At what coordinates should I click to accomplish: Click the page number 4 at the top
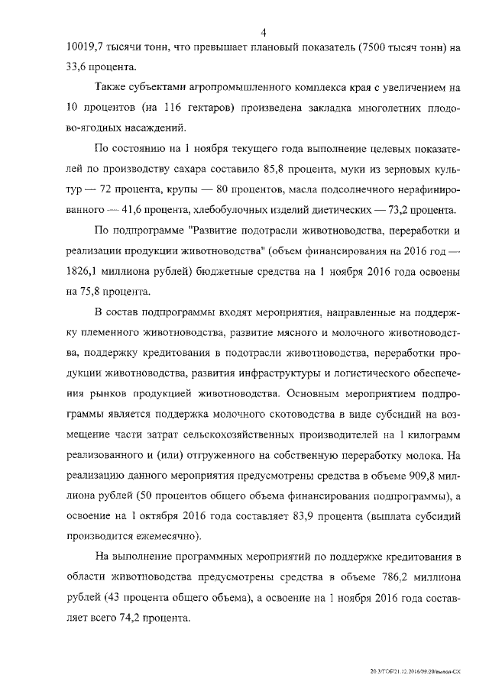point(262,32)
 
